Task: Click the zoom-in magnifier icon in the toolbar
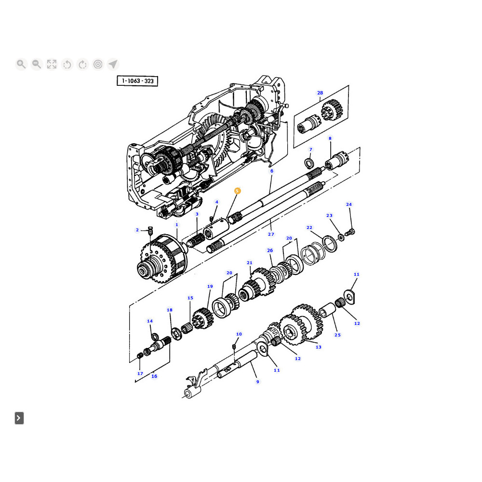(21, 64)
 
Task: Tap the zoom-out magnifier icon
(37, 64)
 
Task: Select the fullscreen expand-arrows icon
(52, 64)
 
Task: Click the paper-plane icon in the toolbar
(113, 64)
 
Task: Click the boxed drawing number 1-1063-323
(137, 81)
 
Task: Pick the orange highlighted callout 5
(237, 191)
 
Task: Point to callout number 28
(320, 93)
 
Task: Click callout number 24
(348, 204)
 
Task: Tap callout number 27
(271, 234)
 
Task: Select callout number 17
(140, 374)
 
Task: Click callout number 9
(257, 382)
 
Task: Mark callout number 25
(337, 335)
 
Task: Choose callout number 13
(319, 347)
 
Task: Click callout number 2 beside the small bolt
(137, 230)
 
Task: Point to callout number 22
(309, 228)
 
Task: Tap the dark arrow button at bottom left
(19, 418)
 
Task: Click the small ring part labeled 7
(309, 163)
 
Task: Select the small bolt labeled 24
(350, 232)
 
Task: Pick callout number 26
(270, 251)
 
